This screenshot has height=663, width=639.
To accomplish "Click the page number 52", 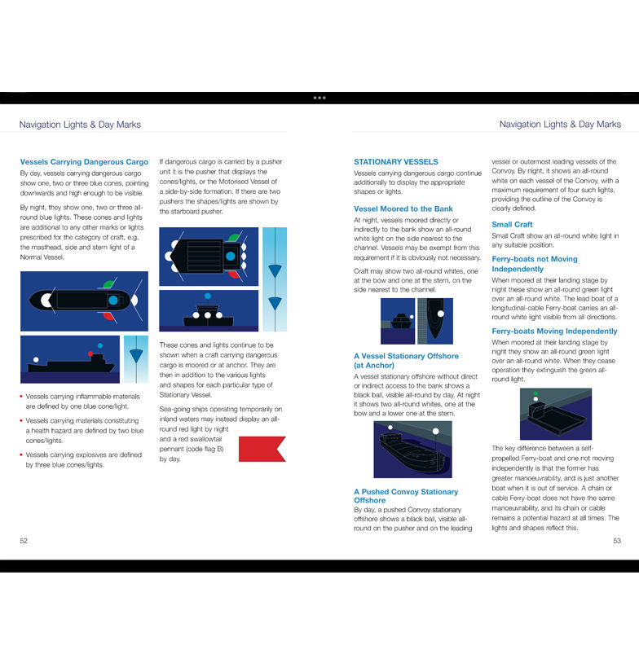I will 24,540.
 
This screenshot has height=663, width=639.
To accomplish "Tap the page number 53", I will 616,540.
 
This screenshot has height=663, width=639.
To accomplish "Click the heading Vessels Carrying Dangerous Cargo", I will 84,162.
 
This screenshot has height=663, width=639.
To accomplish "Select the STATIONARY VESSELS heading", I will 395,162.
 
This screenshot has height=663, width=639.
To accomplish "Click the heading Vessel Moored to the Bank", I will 403,209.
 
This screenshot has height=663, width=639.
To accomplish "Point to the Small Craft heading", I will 512,225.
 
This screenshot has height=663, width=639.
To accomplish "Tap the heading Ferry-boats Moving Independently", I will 554,331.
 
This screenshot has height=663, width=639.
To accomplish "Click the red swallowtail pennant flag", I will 262,449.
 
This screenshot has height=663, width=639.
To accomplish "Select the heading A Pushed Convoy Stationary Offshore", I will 405,496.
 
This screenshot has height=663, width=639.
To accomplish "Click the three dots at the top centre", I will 319,98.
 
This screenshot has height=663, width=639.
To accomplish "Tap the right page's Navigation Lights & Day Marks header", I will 560,125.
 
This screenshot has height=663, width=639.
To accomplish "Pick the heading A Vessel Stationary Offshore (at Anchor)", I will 406,361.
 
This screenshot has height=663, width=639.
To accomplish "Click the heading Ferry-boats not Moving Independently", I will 534,264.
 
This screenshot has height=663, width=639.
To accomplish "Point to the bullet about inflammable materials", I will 82,401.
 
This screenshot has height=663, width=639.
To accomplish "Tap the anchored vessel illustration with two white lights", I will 412,450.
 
